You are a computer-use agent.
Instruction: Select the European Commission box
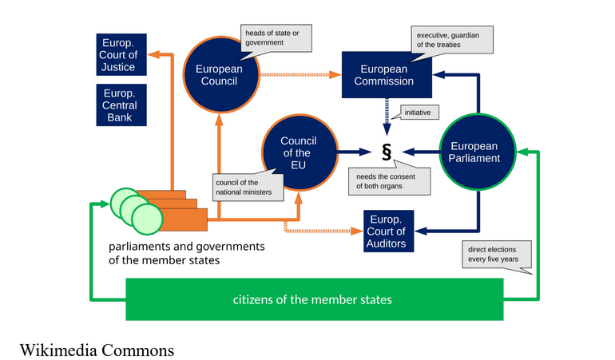pyautogui.click(x=387, y=75)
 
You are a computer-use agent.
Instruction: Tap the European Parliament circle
pyautogui.click(x=474, y=152)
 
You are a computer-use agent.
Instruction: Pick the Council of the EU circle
pyautogui.click(x=298, y=152)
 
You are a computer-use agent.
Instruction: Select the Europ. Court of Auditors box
pyautogui.click(x=391, y=231)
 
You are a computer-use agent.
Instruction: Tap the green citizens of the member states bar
pyautogui.click(x=313, y=299)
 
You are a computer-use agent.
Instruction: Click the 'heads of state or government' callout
pyautogui.click(x=276, y=38)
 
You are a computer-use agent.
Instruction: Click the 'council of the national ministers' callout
pyautogui.click(x=244, y=187)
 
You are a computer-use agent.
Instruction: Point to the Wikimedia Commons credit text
pyautogui.click(x=97, y=350)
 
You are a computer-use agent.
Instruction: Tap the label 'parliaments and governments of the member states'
pyautogui.click(x=185, y=253)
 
